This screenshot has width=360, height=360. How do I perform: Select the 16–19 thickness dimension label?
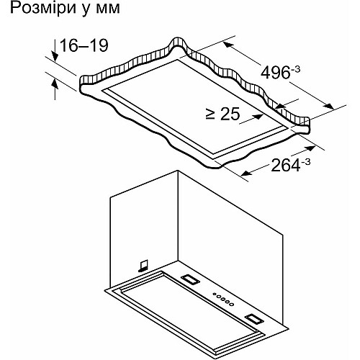tap(84, 45)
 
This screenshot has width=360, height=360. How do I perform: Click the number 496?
tap(276, 73)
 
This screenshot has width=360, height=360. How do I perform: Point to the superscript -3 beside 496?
tap(295, 70)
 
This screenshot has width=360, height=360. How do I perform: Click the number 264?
tap(286, 166)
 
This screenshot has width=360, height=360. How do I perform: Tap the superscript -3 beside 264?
tap(305, 162)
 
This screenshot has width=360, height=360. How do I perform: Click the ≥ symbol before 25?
tap(210, 114)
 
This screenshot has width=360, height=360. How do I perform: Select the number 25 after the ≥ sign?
tap(230, 114)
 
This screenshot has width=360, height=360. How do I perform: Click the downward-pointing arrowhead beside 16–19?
tap(55, 57)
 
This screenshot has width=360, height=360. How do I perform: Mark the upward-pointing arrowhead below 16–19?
tap(55, 84)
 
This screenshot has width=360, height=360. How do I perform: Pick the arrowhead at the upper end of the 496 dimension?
tap(228, 45)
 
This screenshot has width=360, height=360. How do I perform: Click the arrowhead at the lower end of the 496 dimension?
tap(328, 107)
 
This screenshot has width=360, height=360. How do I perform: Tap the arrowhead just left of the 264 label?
tap(247, 174)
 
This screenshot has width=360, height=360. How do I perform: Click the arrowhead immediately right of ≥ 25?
tap(258, 117)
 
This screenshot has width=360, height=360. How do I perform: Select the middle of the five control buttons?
tap(222, 299)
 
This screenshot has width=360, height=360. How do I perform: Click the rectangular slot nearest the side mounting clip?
tap(191, 280)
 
